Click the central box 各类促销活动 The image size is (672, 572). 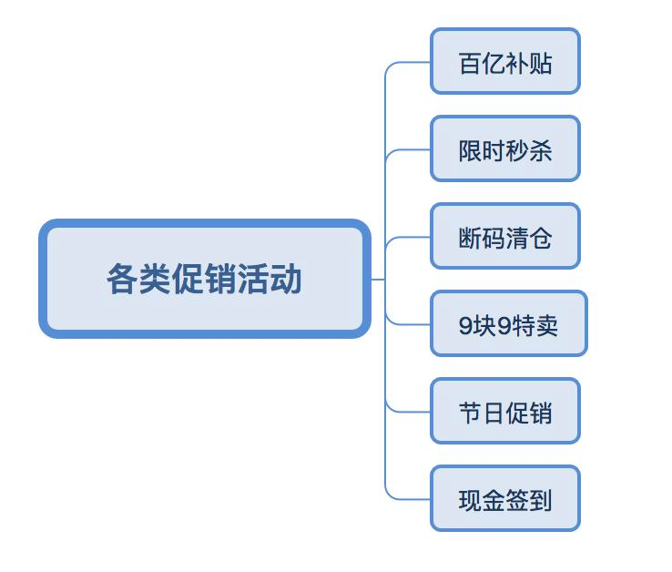(204, 279)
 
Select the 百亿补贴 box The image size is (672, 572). (504, 62)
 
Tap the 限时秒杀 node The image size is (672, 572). (504, 149)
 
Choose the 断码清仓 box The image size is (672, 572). (504, 237)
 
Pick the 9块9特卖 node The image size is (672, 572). (508, 324)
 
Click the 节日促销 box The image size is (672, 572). (504, 412)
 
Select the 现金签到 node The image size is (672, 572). (504, 499)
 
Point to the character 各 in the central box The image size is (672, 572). (123, 279)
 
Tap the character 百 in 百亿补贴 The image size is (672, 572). (470, 63)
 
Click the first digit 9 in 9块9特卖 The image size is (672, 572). (465, 325)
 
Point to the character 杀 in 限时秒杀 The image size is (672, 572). (540, 149)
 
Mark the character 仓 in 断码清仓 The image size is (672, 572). (540, 237)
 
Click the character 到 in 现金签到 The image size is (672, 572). (540, 500)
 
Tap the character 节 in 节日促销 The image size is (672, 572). (470, 412)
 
